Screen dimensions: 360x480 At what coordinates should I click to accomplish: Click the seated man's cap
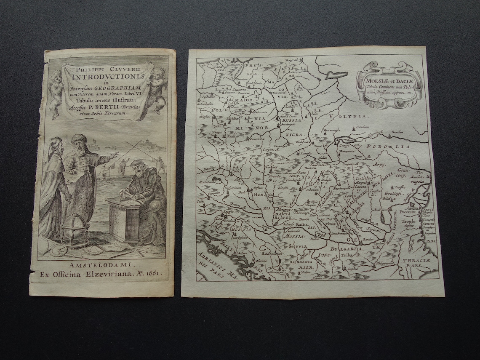pyautogui.click(x=136, y=163)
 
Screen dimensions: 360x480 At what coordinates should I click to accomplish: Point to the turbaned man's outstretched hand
pyautogui.click(x=114, y=155)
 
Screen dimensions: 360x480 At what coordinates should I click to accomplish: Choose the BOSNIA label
pyautogui.click(x=241, y=229)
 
